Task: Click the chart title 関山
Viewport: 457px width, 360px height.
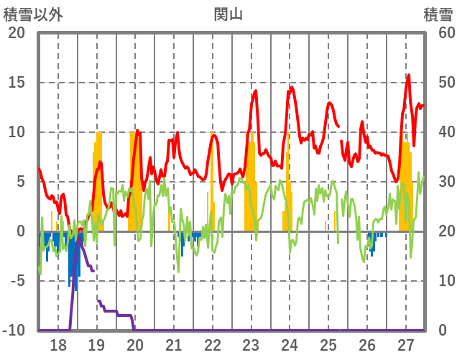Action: pyautogui.click(x=228, y=14)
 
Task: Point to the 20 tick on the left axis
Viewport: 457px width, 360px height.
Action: pyautogui.click(x=17, y=33)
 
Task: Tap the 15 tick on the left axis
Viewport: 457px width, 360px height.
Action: pyautogui.click(x=17, y=83)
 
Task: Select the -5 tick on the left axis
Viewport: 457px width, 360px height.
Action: pyautogui.click(x=17, y=281)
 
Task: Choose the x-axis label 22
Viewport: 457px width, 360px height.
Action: pyautogui.click(x=213, y=346)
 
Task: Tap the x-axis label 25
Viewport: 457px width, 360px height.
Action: pyautogui.click(x=328, y=346)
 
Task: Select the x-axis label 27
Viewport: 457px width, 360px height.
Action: pyautogui.click(x=406, y=346)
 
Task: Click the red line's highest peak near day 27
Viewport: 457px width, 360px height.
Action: pyautogui.click(x=408, y=75)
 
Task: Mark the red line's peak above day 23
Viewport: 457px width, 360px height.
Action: pyautogui.click(x=255, y=91)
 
